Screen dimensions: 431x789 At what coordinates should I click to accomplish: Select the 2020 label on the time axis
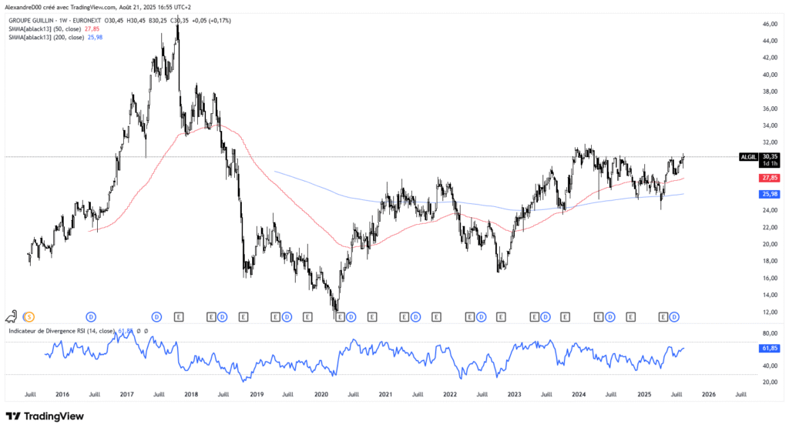click(x=321, y=393)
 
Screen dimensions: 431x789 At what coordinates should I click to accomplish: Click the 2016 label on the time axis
click(x=62, y=393)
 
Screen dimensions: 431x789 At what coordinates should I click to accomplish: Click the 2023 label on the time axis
click(x=514, y=393)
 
